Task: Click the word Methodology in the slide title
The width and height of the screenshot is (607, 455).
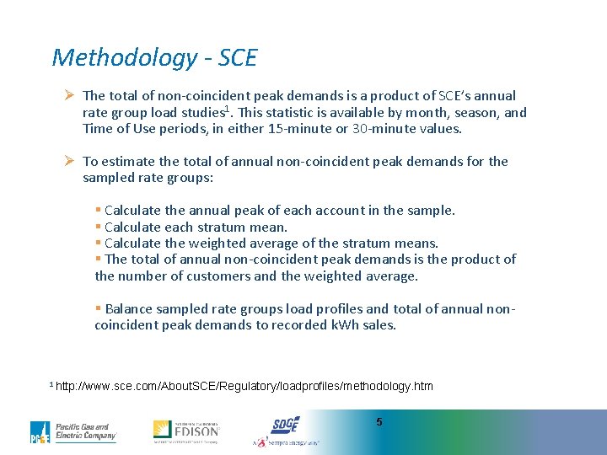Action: pyautogui.click(x=124, y=58)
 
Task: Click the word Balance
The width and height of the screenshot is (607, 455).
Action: pyautogui.click(x=129, y=308)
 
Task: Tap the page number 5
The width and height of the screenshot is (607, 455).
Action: pyautogui.click(x=379, y=421)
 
